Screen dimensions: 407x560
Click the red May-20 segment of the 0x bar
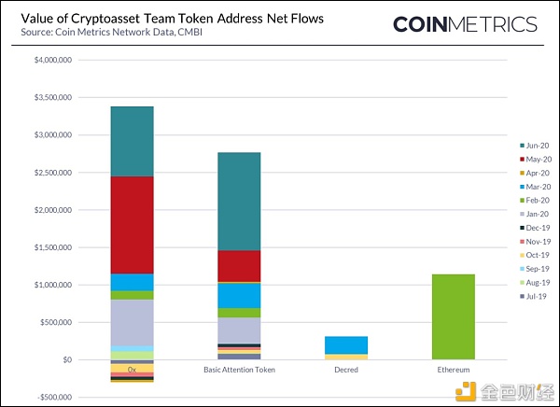coord(131,224)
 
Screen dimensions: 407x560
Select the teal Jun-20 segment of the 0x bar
coord(131,141)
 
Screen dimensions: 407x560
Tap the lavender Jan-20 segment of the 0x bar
coord(131,322)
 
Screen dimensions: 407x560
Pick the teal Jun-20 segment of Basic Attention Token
coord(239,201)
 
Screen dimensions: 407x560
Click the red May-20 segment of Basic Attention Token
coord(239,265)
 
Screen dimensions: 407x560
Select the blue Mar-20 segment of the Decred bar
coord(346,344)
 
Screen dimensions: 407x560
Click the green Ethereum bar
coord(454,316)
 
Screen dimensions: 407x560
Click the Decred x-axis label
coord(346,371)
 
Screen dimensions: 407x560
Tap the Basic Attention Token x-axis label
coord(239,371)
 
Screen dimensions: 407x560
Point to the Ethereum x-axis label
coord(454,371)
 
